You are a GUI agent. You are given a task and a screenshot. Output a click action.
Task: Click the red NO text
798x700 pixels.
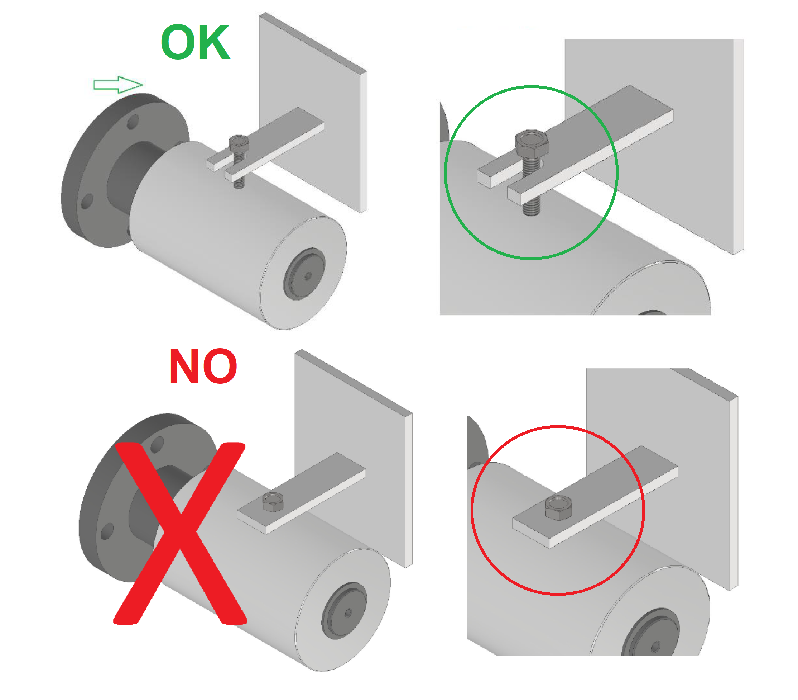(203, 366)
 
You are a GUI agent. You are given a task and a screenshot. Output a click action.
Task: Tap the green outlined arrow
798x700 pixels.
(118, 85)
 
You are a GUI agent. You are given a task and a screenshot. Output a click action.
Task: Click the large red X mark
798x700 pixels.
(180, 534)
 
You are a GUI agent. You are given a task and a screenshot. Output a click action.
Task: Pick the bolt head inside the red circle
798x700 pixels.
(558, 507)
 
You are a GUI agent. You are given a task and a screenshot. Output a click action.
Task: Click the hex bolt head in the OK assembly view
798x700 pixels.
(239, 143)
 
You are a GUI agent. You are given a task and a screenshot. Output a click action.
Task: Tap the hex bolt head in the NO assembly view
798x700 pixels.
(273, 502)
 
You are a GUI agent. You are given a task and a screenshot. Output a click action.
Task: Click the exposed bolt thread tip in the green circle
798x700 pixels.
(531, 208)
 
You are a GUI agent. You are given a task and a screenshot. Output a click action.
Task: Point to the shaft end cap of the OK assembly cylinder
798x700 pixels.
(304, 274)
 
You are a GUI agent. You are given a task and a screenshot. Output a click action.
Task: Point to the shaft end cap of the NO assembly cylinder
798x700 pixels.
(344, 611)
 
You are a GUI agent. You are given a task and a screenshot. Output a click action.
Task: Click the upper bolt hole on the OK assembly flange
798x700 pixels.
(133, 122)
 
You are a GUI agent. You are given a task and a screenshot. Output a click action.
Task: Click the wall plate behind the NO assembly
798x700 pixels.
(354, 449)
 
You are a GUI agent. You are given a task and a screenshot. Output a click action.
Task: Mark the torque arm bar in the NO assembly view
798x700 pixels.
(302, 493)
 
